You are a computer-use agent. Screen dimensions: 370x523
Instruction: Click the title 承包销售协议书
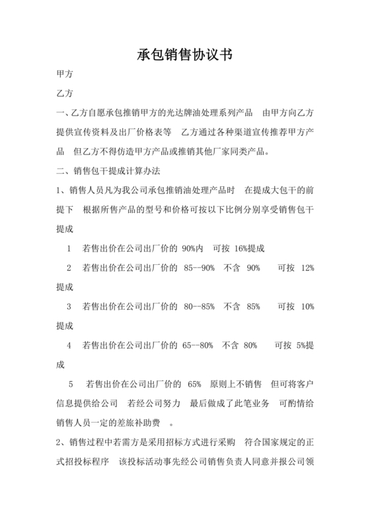point(184,55)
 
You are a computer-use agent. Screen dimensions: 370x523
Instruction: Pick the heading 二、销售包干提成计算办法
point(108,172)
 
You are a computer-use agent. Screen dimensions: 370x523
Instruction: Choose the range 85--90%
point(199,268)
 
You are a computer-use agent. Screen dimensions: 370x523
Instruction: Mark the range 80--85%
point(199,306)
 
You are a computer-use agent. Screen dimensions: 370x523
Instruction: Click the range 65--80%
point(199,345)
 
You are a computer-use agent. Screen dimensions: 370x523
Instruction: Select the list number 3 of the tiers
point(69,306)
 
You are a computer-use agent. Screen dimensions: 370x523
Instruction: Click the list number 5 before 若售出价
point(71,384)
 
